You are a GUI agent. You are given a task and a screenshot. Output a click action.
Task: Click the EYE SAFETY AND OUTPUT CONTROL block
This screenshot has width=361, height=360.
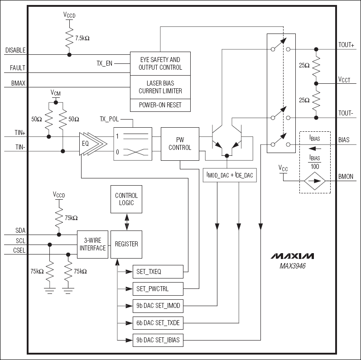(x=160, y=63)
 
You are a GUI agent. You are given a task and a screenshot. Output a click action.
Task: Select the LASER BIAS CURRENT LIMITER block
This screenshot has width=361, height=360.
(x=160, y=87)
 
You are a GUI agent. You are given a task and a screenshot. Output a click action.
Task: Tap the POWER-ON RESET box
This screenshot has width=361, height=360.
(x=160, y=105)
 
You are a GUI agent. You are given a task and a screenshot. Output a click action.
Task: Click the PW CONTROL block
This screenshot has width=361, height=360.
(x=180, y=144)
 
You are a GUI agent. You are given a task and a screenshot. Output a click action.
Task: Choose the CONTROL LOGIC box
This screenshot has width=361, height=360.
(x=126, y=199)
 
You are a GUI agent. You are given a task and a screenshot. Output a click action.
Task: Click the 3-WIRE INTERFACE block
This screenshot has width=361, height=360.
(x=92, y=244)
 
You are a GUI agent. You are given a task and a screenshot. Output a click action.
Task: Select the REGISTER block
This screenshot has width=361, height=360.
(x=126, y=244)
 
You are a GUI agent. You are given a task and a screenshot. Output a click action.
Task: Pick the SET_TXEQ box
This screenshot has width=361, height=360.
(x=158, y=272)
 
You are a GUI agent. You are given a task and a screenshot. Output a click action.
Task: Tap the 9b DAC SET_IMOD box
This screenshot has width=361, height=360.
(x=158, y=306)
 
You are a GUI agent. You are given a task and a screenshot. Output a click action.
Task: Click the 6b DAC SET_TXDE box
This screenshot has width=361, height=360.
(x=158, y=323)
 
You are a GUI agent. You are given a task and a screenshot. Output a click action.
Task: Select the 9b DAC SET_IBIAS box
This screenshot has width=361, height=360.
(x=158, y=340)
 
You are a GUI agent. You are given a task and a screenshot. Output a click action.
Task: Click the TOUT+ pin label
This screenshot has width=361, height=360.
(x=347, y=45)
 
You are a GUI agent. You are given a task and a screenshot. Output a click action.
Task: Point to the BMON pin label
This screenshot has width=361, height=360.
(x=346, y=177)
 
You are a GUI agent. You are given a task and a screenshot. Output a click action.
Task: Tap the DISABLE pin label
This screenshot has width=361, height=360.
(x=15, y=50)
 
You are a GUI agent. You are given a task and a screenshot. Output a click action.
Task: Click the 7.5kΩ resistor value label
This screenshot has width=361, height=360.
(x=82, y=38)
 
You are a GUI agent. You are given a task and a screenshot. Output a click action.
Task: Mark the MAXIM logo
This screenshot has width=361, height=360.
(x=292, y=256)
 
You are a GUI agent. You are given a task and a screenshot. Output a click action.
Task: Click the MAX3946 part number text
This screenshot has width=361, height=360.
(x=292, y=266)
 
